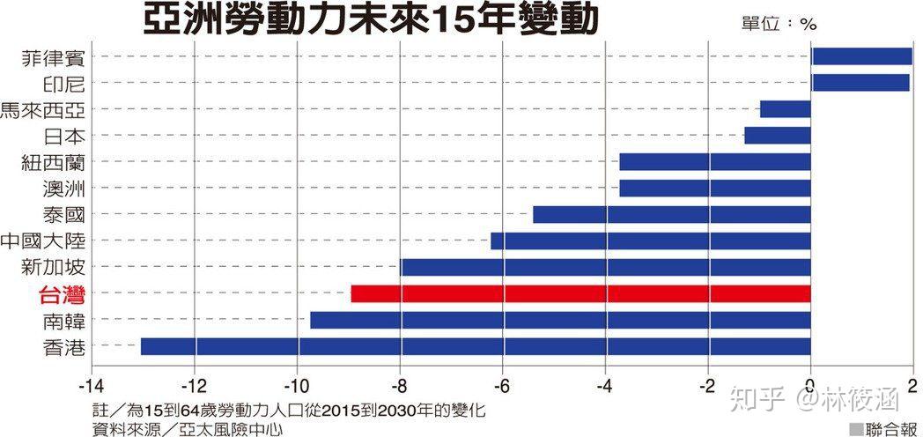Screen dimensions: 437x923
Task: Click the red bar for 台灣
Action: coord(580,293)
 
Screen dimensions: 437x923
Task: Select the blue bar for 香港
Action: coord(476,346)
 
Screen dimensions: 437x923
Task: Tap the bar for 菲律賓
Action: coord(861,56)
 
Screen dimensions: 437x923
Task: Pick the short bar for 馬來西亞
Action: coord(785,109)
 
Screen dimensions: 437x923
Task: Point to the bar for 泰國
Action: coord(671,214)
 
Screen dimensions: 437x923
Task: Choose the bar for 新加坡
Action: coord(605,267)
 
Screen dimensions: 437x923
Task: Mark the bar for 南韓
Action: coord(560,320)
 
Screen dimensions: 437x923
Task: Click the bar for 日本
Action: coord(777,136)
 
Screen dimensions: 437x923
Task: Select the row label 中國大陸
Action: coord(44,241)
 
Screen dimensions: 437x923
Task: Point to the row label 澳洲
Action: coord(63,189)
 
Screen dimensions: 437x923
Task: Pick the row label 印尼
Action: coord(63,83)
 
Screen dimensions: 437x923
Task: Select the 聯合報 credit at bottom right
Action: coord(882,428)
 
